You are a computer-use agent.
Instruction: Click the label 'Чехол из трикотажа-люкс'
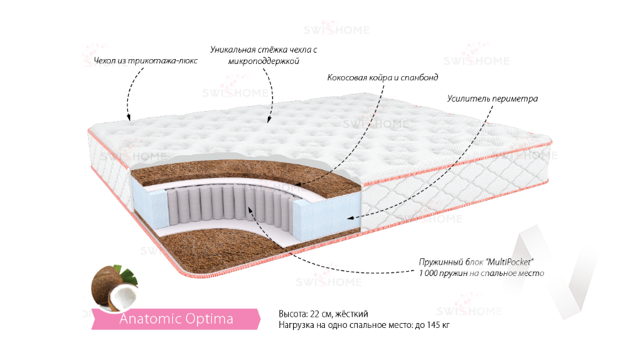145,60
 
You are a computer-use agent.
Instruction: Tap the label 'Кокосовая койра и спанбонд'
383,77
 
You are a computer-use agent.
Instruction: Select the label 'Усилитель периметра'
492,98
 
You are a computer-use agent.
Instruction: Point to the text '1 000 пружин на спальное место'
481,273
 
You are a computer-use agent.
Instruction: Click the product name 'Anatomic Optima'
176,319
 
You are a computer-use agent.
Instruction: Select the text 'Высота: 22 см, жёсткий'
324,314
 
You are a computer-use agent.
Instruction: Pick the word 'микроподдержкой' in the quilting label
262,62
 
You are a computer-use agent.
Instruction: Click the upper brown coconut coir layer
213,171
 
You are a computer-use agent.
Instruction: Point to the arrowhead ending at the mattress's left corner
129,118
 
